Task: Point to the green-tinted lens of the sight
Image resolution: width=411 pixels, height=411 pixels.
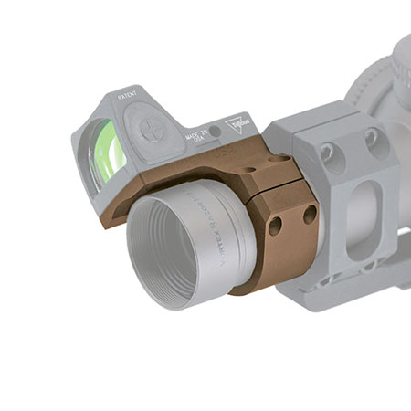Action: click(x=108, y=152)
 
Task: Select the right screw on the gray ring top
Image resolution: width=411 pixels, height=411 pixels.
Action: click(x=372, y=138)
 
